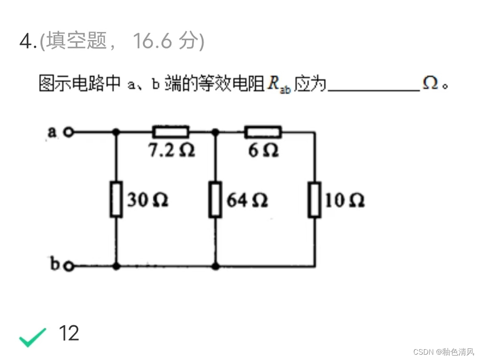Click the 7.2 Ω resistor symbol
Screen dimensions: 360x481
coord(171,132)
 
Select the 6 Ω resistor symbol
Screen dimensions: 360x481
coord(263,132)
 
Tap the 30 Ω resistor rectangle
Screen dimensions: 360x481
coord(116,199)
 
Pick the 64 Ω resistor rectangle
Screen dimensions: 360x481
coord(216,199)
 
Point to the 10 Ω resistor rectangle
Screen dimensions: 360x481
coord(315,199)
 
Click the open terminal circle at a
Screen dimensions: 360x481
coord(68,132)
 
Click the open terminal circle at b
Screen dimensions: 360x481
coord(68,266)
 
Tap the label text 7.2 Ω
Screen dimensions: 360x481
coord(171,151)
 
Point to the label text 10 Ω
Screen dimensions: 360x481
coord(345,200)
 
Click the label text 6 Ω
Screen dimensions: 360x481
coord(263,151)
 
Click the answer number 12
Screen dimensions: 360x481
coord(69,333)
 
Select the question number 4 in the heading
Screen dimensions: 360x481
coord(26,42)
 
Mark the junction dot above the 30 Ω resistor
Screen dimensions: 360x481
coord(116,132)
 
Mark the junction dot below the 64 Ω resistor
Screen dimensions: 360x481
coord(216,266)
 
